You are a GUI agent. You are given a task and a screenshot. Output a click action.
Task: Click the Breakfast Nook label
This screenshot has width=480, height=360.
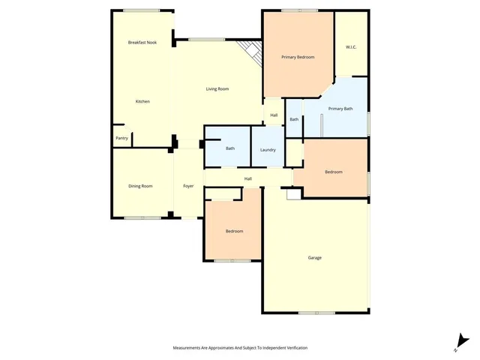[x=142, y=43]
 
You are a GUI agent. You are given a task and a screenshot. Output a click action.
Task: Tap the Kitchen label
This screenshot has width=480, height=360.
[x=142, y=101]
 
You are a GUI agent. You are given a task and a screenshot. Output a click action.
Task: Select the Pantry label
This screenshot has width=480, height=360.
[x=121, y=138]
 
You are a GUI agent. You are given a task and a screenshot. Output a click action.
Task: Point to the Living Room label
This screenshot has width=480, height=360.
[x=217, y=89]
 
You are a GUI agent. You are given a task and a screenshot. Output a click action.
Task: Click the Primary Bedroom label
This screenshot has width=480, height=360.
[x=298, y=57]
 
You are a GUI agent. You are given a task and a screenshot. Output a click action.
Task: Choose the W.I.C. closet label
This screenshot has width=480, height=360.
[x=351, y=47]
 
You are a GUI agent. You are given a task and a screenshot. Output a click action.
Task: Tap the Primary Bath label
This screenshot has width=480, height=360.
[x=340, y=109]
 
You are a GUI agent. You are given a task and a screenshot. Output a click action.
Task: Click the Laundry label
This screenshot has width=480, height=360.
[x=268, y=150]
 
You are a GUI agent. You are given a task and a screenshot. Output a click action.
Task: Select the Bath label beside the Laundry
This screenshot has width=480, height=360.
[x=230, y=148]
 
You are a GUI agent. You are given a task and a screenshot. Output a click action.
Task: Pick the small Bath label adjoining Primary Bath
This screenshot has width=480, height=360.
[x=294, y=119]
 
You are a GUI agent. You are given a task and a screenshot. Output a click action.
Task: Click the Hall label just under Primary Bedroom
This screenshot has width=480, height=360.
[x=274, y=115]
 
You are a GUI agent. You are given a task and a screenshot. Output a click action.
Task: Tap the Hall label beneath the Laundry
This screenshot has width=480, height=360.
[x=247, y=178]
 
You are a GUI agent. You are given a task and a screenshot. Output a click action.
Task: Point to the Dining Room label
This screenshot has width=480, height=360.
[x=140, y=186]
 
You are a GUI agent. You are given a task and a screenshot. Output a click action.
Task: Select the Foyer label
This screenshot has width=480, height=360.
[x=189, y=186]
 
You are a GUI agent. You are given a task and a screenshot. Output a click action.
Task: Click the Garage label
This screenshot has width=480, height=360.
[x=315, y=258]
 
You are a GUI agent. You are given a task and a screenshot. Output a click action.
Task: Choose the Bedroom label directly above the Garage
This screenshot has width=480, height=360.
[x=334, y=172]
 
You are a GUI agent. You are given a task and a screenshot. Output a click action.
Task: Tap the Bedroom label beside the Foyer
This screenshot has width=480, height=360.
[x=234, y=231]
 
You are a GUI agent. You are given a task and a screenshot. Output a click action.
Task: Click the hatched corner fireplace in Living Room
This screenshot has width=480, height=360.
[x=251, y=52]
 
